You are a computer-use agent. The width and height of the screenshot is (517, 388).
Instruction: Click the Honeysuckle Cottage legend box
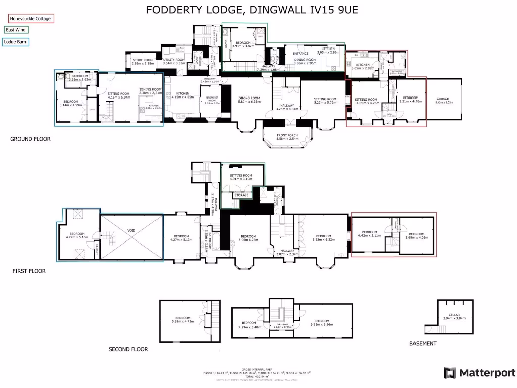[x=31, y=19]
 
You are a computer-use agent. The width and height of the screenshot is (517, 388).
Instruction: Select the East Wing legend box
[x=17, y=30]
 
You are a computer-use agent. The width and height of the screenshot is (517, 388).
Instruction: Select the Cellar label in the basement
[x=455, y=316]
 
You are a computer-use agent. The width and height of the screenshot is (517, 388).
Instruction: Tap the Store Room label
[x=142, y=62]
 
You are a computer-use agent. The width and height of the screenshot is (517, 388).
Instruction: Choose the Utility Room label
[x=174, y=62]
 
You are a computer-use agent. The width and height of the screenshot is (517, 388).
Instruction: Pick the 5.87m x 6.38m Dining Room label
[x=249, y=100]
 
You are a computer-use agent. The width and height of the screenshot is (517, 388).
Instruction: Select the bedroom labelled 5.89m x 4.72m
[x=182, y=319]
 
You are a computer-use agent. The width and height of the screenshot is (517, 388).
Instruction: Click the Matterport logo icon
[x=450, y=373]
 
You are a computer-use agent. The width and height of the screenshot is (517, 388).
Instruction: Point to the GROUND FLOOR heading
[x=30, y=139]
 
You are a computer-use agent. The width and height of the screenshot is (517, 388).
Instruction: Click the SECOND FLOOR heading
[x=128, y=349]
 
